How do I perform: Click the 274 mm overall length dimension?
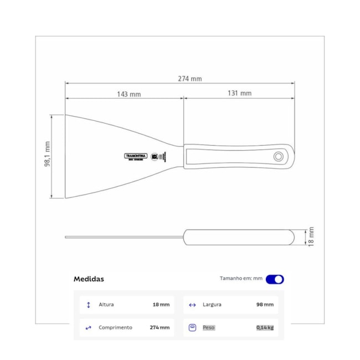(189, 79)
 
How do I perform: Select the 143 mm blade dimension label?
(128, 94)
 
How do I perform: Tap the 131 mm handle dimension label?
(239, 94)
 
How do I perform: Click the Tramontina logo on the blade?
(135, 156)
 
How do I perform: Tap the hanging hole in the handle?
(277, 157)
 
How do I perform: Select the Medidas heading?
(89, 279)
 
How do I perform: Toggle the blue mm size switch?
(275, 279)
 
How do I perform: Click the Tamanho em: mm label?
(241, 279)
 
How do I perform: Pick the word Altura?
(106, 305)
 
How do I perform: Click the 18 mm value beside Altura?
(161, 305)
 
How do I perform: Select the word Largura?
(213, 305)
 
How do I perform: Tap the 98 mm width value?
(265, 305)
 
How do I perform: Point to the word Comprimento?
(115, 327)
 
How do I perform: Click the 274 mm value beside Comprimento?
(160, 327)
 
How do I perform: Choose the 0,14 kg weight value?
(265, 327)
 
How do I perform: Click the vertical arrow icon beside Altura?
(88, 305)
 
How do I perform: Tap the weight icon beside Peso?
(192, 327)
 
